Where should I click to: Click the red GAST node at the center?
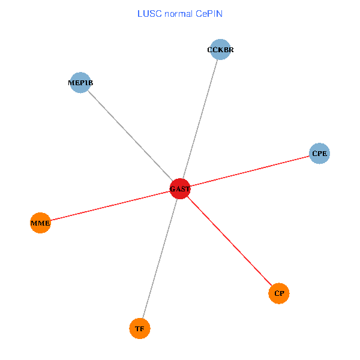(x=180, y=188)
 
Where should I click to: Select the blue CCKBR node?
(x=220, y=50)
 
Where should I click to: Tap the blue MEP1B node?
(x=80, y=83)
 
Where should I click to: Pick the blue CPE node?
(x=319, y=154)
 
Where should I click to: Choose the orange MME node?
(x=40, y=223)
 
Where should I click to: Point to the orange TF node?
(x=140, y=328)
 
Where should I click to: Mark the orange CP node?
(x=279, y=293)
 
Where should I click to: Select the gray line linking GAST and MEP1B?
(x=130, y=136)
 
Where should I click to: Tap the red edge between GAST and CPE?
(x=250, y=171)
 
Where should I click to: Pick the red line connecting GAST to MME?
(x=110, y=206)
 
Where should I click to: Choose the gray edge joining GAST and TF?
(x=160, y=259)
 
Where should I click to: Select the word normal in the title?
(x=178, y=13)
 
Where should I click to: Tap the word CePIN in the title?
(x=209, y=13)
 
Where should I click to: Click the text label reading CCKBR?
(x=220, y=50)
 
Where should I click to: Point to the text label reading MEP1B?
(x=80, y=83)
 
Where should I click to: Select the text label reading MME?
(x=40, y=223)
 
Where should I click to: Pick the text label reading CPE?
(x=319, y=154)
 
